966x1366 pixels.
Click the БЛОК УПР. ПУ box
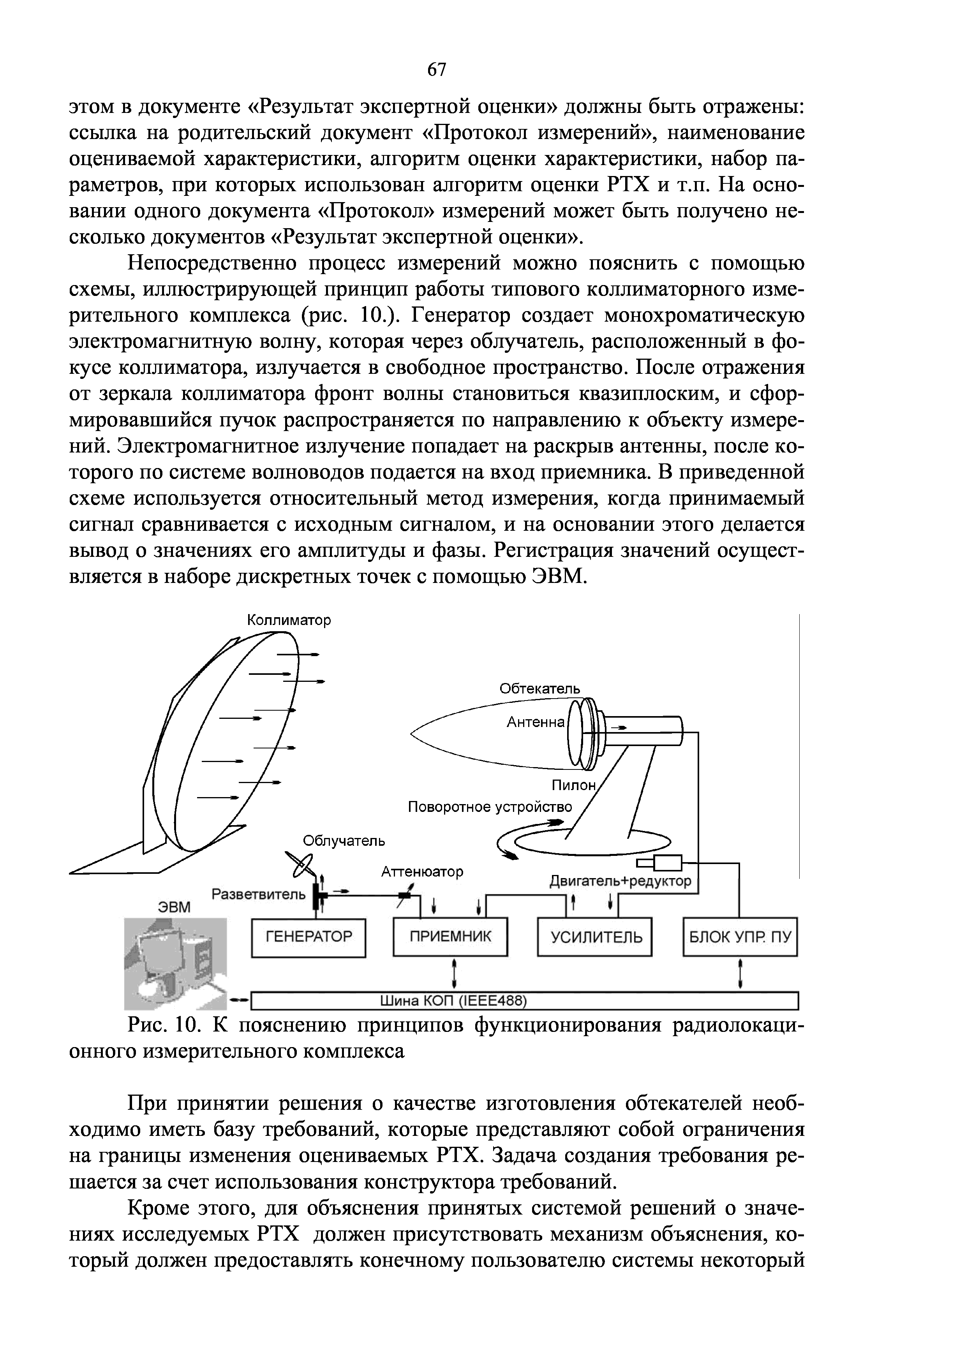[740, 938]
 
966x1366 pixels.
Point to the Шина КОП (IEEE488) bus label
[453, 1002]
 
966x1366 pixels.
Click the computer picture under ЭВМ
[175, 964]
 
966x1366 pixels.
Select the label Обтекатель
[539, 688]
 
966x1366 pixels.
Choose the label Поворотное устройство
[489, 807]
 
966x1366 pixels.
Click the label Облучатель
[344, 841]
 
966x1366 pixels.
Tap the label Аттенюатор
[422, 871]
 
